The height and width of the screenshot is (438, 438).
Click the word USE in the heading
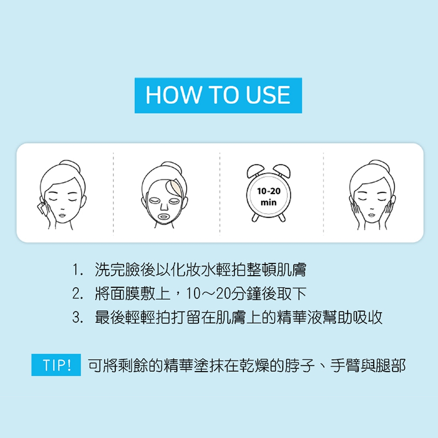(268, 95)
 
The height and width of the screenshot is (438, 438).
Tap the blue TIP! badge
(56, 365)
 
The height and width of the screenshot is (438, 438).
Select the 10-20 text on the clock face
(269, 191)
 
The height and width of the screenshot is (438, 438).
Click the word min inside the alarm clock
(269, 202)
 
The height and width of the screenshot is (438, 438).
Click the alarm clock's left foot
(255, 217)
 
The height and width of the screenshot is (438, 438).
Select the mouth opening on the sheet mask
(164, 217)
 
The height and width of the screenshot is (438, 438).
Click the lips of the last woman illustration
(371, 215)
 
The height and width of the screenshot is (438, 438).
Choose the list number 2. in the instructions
(78, 294)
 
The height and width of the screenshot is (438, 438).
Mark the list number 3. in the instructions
(78, 318)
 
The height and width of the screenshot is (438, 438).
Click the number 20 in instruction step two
(223, 294)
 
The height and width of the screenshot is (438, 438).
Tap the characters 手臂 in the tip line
(345, 365)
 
